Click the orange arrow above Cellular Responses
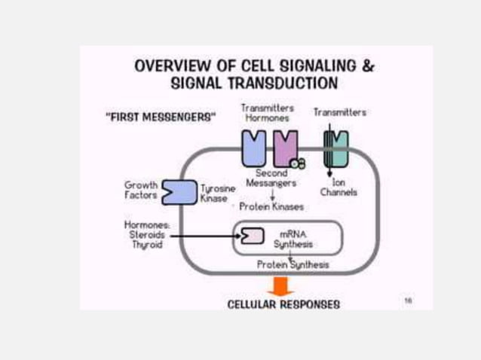click(280, 286)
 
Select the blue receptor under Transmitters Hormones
click(253, 148)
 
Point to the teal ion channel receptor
click(335, 148)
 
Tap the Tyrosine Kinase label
click(218, 193)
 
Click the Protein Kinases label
click(271, 206)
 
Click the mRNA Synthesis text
click(293, 239)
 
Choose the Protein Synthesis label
click(293, 264)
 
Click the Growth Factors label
click(141, 190)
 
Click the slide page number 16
click(408, 300)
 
